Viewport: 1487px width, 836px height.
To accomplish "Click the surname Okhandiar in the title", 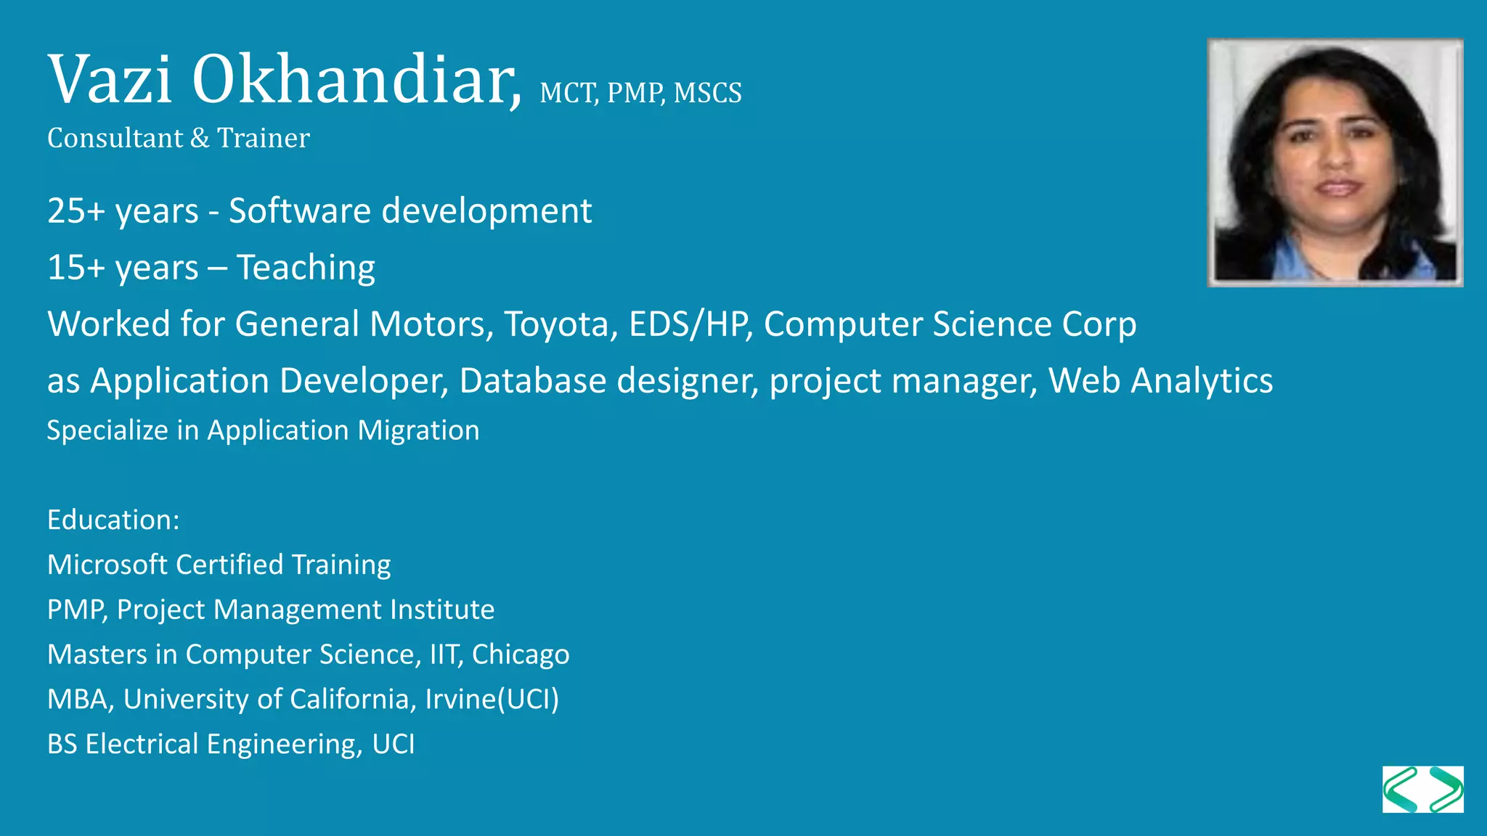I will click(356, 80).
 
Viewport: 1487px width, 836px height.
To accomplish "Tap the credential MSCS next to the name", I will click(707, 94).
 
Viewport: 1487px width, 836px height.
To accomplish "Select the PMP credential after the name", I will click(635, 94).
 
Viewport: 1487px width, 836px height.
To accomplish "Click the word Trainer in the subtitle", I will click(264, 138).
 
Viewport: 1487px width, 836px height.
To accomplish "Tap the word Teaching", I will click(306, 268).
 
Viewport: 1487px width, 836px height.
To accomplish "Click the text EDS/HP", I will click(689, 324).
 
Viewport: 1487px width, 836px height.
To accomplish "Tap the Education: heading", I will click(113, 520).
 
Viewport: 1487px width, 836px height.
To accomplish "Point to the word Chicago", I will click(521, 655).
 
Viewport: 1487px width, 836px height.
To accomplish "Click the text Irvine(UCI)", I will click(492, 700).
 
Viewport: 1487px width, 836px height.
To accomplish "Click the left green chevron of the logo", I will click(1401, 790).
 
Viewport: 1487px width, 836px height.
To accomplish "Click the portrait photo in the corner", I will click(1335, 163).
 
